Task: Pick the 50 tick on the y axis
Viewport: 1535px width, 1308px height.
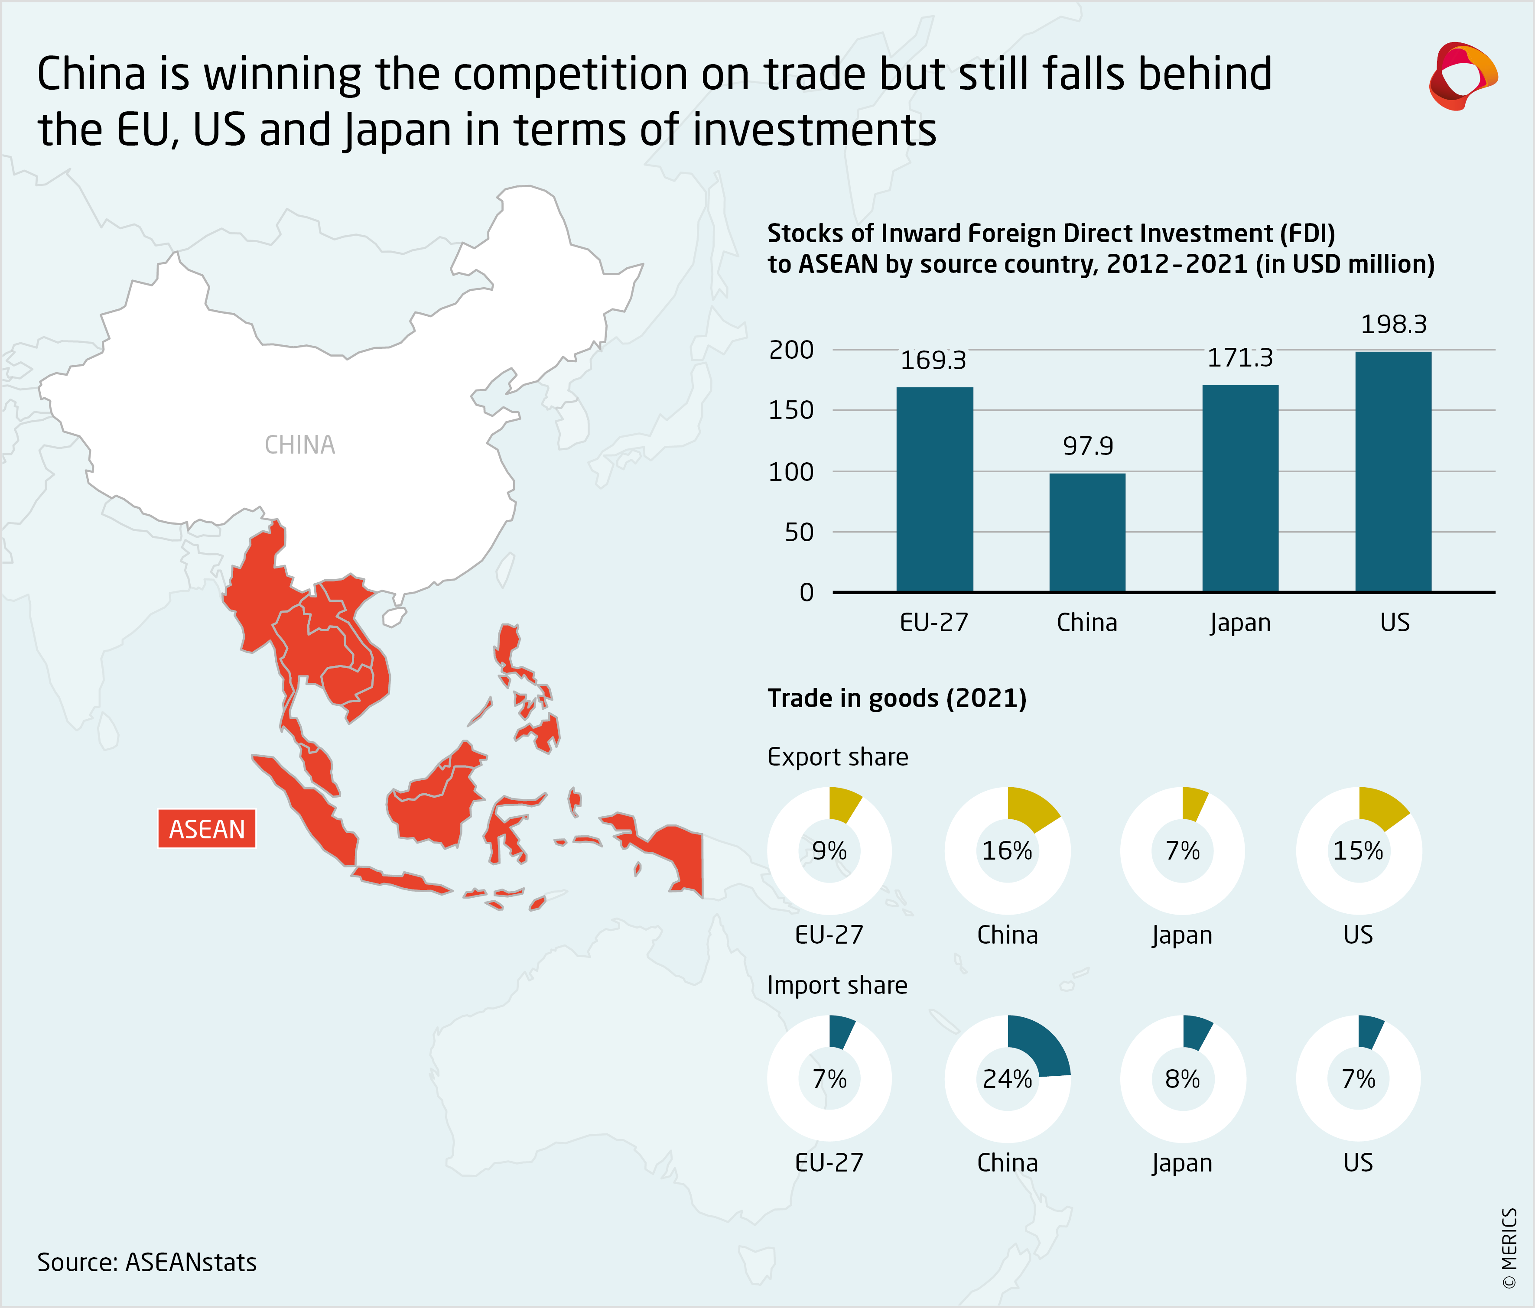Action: coord(799,532)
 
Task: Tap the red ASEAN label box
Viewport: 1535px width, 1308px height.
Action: coord(207,829)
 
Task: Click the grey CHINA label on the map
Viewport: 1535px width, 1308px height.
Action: coord(300,445)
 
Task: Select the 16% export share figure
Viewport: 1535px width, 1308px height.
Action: coord(1007,851)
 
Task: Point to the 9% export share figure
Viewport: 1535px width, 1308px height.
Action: coord(829,851)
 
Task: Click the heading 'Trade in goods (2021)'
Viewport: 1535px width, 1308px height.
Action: coord(896,698)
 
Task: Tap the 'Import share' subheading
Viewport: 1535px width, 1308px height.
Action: coord(837,985)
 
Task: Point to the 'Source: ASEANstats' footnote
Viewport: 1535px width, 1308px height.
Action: coord(146,1262)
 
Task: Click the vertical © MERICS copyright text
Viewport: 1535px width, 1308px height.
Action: coord(1509,1248)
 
